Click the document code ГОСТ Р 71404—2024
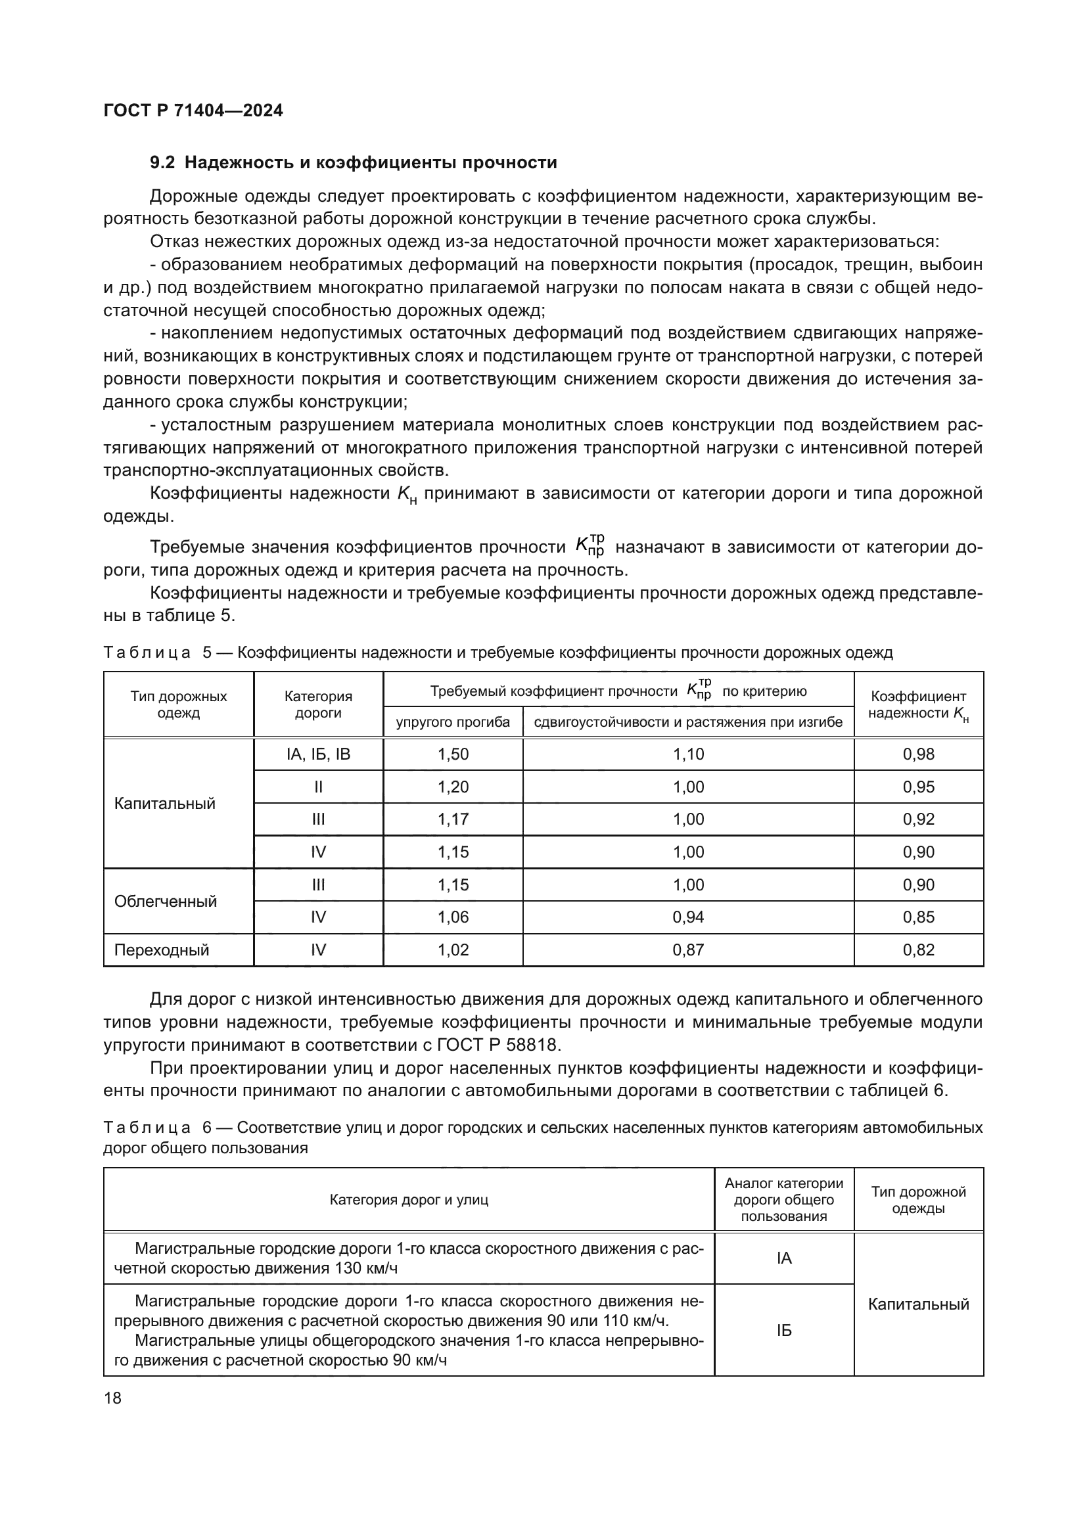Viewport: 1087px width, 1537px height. [193, 111]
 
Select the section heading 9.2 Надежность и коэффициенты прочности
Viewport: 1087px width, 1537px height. [354, 163]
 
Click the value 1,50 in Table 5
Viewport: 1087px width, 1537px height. [453, 754]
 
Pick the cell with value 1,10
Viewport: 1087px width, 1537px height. [688, 754]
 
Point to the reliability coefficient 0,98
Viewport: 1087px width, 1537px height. [918, 754]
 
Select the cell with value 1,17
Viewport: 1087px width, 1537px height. [453, 819]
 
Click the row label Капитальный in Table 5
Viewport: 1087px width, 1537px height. [165, 803]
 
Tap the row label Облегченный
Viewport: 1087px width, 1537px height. [166, 901]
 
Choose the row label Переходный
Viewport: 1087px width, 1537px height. [161, 950]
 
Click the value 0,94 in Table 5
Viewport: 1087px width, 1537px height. [688, 917]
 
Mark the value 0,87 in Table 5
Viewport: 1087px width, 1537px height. [688, 950]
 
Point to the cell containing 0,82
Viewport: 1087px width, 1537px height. [918, 950]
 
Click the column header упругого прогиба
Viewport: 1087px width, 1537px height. [453, 722]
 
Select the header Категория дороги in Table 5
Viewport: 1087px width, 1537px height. [318, 704]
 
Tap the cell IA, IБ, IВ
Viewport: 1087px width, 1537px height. [318, 754]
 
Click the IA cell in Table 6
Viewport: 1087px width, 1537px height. [784, 1258]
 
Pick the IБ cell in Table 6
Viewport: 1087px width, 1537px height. [784, 1330]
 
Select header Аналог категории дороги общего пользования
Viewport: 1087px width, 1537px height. [784, 1200]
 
